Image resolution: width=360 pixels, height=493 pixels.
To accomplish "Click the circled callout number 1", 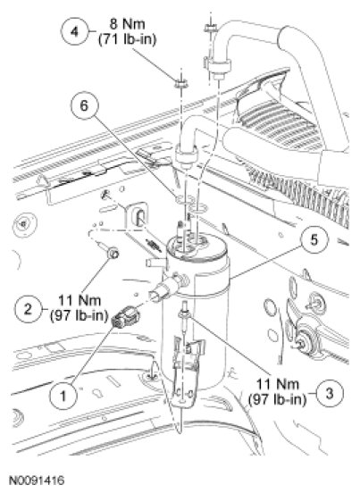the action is click(x=63, y=396).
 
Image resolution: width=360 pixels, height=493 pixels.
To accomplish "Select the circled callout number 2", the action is click(x=28, y=308).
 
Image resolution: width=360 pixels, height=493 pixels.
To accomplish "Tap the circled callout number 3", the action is click(x=330, y=393).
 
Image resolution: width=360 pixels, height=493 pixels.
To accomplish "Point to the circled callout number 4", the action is click(x=74, y=31).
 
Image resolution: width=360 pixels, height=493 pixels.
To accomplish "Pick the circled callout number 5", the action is click(x=314, y=240).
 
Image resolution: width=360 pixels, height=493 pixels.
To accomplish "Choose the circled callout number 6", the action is click(x=84, y=105).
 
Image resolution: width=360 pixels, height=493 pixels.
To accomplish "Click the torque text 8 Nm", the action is click(x=128, y=24).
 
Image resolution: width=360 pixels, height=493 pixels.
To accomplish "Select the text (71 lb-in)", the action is click(x=128, y=40).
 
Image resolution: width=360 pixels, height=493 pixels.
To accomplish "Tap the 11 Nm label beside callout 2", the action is click(x=80, y=301).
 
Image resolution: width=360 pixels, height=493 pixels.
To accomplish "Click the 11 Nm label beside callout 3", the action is click(x=277, y=384).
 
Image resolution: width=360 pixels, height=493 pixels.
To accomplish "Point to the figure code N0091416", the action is click(x=37, y=480).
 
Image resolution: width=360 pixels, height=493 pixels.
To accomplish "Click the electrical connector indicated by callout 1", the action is click(x=126, y=317).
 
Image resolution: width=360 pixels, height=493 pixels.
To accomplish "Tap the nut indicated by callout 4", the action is click(x=180, y=83).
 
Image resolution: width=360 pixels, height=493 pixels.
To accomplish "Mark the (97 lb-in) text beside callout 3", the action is click(x=277, y=399).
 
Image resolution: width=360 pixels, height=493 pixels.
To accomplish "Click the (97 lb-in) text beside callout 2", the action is click(x=79, y=315).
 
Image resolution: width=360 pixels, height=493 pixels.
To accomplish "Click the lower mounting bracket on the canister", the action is click(x=186, y=370).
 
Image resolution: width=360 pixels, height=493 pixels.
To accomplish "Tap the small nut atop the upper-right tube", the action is click(x=210, y=29).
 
